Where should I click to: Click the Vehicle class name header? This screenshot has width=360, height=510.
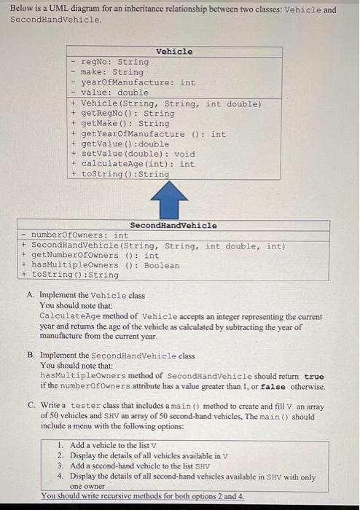175,52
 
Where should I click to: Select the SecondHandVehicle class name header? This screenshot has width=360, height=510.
173,225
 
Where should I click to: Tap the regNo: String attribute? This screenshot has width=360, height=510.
114,62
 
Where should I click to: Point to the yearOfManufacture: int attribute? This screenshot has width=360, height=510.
138,82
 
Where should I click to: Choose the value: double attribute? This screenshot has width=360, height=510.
114,93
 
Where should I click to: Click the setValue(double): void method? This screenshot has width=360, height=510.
138,154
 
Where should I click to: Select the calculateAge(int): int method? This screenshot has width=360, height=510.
138,164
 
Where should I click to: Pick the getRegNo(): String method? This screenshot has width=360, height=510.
128,114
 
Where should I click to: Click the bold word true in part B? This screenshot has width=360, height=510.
314,375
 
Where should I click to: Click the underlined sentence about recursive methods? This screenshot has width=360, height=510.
143,495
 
